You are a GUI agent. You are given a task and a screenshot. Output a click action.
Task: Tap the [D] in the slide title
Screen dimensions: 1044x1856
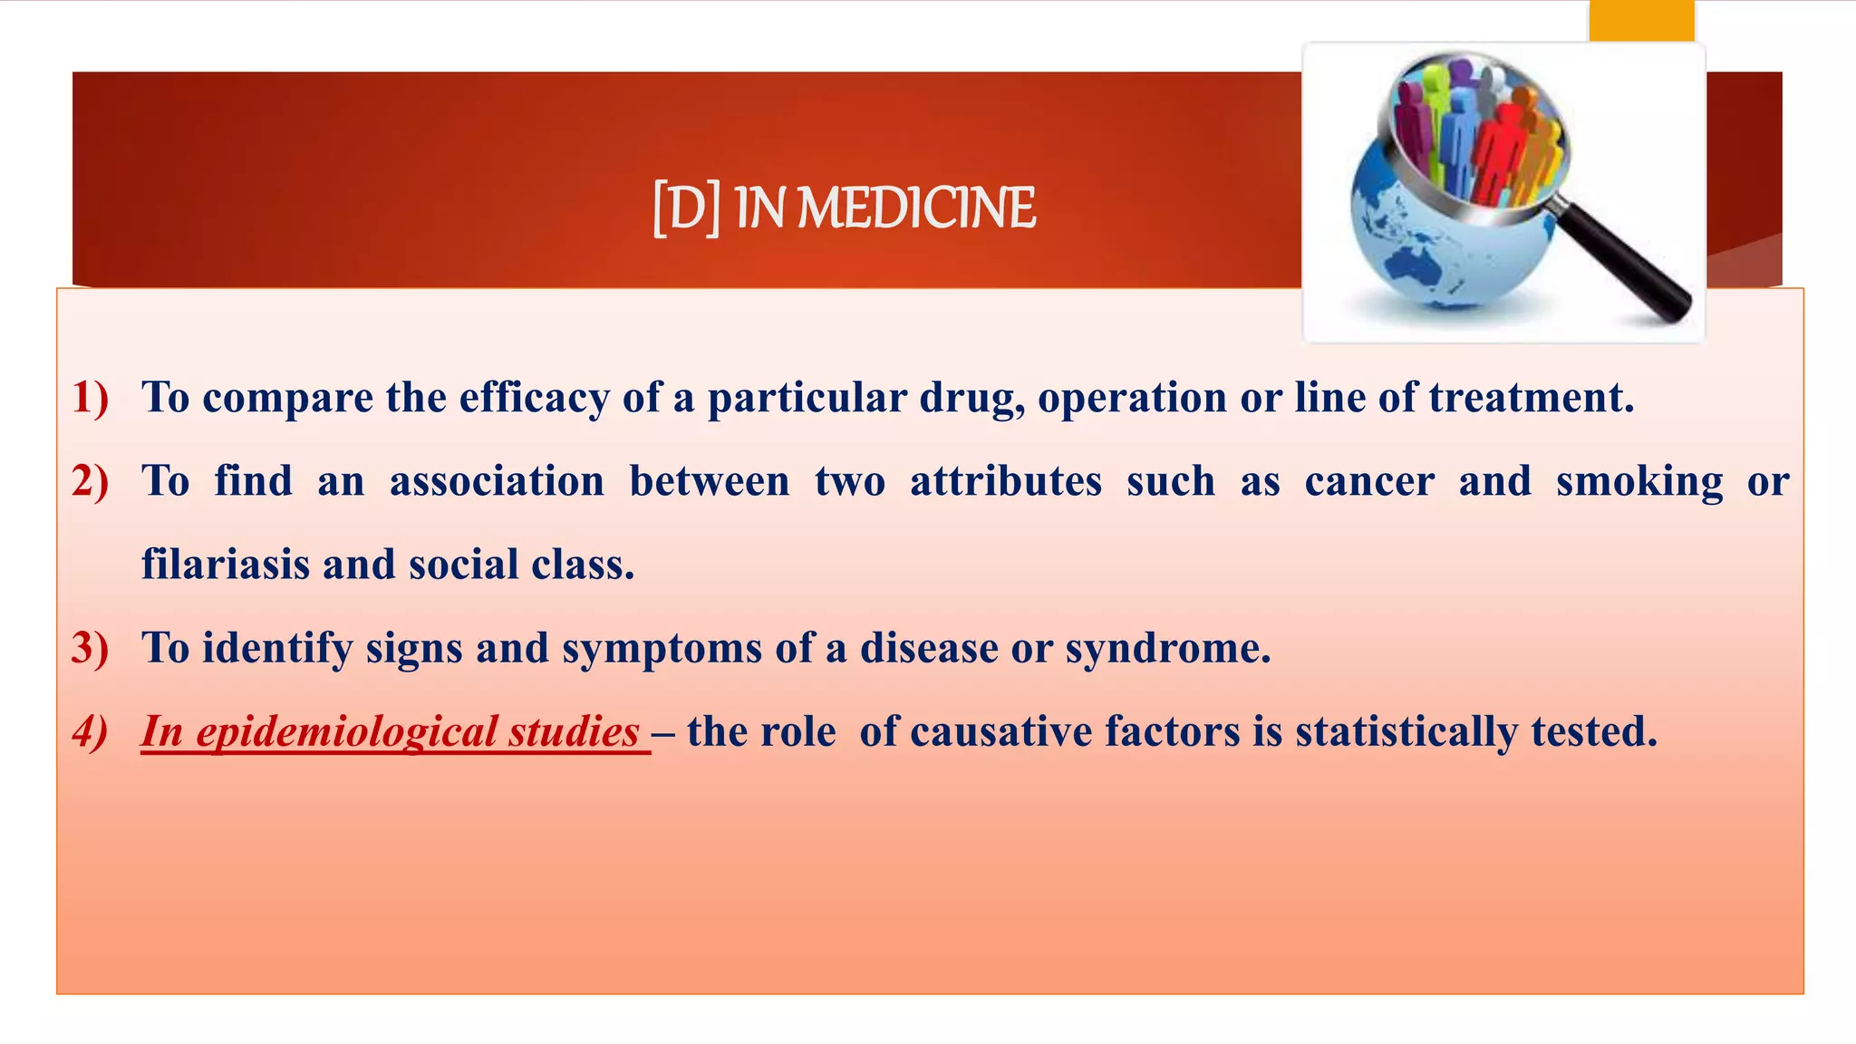pos(686,208)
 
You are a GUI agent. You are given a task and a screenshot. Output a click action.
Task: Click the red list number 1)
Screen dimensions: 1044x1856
pos(90,398)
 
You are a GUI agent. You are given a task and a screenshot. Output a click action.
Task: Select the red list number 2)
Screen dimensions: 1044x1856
pos(90,481)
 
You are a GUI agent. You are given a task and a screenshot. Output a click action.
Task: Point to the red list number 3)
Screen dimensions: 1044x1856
pos(90,648)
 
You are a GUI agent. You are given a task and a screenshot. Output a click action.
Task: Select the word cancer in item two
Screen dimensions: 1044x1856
pos(1368,481)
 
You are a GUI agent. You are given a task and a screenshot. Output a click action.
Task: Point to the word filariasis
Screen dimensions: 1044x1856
pos(226,565)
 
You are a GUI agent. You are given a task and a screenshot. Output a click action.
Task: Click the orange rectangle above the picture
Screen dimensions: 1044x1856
pos(1641,20)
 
